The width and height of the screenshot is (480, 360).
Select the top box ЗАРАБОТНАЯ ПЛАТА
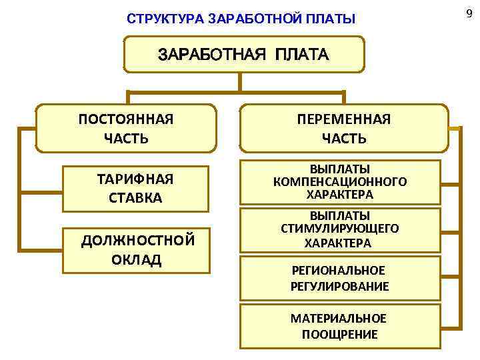(x=243, y=55)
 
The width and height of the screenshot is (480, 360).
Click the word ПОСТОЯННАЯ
(x=126, y=119)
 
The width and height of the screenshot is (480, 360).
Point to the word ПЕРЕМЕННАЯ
(x=343, y=119)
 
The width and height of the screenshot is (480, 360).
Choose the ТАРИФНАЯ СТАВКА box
(x=135, y=188)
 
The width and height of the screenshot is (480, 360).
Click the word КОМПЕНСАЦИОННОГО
(x=340, y=181)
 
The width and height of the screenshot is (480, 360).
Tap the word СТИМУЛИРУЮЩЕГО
(x=340, y=229)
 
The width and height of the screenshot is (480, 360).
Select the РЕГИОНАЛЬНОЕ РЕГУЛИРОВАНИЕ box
(x=340, y=278)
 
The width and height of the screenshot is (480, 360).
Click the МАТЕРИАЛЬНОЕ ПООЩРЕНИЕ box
(x=340, y=326)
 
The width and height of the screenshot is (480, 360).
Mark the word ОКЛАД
(x=137, y=259)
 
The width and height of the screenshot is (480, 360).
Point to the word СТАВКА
(x=135, y=198)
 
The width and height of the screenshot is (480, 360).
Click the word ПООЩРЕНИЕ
(x=339, y=334)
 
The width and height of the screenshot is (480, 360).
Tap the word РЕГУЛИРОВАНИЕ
(x=340, y=286)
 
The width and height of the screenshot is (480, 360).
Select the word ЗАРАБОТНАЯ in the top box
(x=210, y=55)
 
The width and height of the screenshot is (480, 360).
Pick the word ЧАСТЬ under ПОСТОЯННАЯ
(x=126, y=139)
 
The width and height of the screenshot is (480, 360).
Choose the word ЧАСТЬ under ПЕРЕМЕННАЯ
(x=343, y=139)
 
